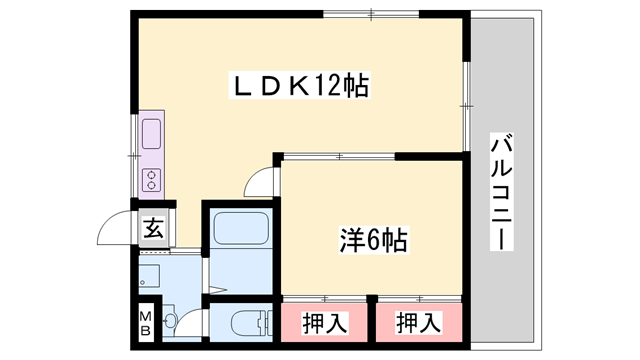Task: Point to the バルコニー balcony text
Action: click(x=502, y=194)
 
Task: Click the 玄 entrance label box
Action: click(x=154, y=227)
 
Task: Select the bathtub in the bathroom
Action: click(x=239, y=234)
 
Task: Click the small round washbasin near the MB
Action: click(x=170, y=321)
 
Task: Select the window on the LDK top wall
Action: click(x=370, y=14)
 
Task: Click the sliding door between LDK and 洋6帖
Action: click(x=340, y=156)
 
